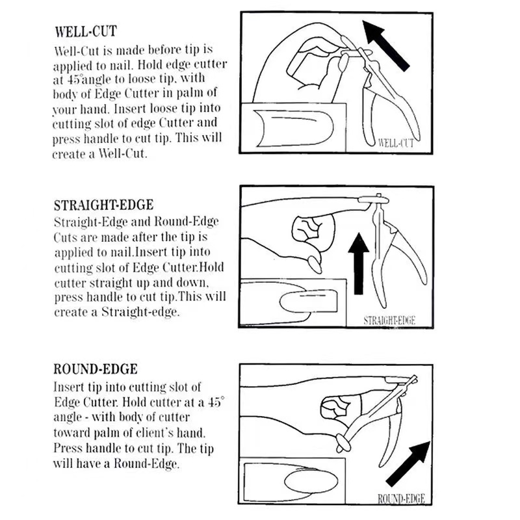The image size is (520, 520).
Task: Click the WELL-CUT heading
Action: point(86,32)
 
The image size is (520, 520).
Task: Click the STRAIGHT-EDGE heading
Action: point(103,205)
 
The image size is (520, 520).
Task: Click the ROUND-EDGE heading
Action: point(95,369)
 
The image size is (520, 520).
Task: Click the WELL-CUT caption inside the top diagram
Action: point(395,142)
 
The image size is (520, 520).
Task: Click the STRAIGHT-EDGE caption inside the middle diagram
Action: point(389,320)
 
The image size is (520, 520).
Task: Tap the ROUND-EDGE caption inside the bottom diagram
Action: point(401,499)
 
